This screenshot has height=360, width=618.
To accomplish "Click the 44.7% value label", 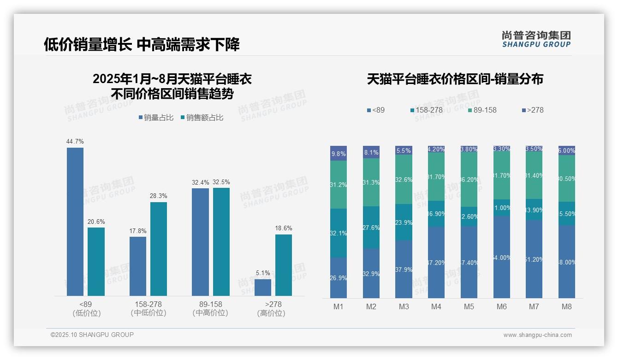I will (75, 142).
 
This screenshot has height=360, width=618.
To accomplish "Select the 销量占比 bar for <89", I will (75, 222).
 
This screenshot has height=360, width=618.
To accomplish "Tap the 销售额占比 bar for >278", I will (284, 265).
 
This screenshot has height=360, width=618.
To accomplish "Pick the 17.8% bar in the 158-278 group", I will (138, 266).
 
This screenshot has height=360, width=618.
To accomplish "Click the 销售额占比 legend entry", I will (202, 118).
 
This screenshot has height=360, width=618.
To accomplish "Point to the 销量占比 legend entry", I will (156, 118).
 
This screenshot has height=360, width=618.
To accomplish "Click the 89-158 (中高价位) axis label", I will (210, 308).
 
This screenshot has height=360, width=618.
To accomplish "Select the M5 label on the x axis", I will (469, 307).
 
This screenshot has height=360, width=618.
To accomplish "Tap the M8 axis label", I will (567, 307).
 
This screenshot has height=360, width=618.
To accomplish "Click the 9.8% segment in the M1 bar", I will (339, 154).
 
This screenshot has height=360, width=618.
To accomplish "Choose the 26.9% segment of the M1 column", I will (339, 277).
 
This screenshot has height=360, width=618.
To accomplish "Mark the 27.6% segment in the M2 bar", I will (371, 228).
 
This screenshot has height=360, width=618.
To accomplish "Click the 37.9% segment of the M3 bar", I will (404, 269).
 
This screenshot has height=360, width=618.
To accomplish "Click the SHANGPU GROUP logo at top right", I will (536, 39).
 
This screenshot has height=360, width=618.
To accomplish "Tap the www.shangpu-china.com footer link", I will (537, 335).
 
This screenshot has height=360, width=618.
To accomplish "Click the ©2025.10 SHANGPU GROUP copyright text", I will (92, 335).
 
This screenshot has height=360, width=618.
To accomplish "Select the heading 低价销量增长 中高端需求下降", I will (142, 45).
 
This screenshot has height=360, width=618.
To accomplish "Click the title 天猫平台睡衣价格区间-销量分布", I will (455, 79).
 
